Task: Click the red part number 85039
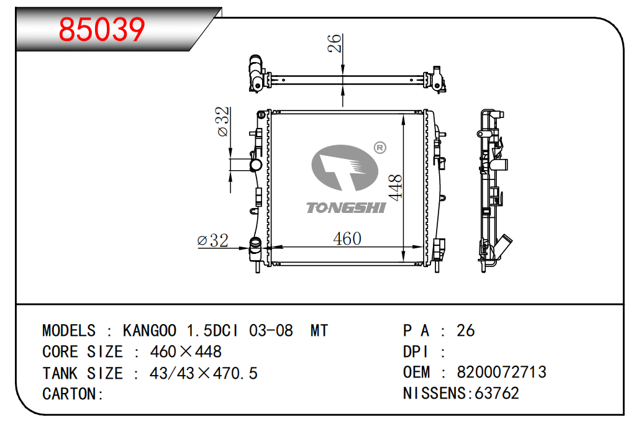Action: click(x=102, y=29)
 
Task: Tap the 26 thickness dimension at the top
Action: click(x=334, y=43)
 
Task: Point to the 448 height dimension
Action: click(x=395, y=187)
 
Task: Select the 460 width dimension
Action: click(x=347, y=238)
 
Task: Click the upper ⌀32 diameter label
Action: click(x=223, y=121)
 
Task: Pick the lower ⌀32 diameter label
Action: click(x=212, y=240)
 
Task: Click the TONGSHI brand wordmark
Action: click(x=346, y=208)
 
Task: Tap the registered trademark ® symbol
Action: click(x=380, y=148)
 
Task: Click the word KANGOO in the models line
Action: click(x=150, y=330)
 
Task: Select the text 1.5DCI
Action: click(x=212, y=330)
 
